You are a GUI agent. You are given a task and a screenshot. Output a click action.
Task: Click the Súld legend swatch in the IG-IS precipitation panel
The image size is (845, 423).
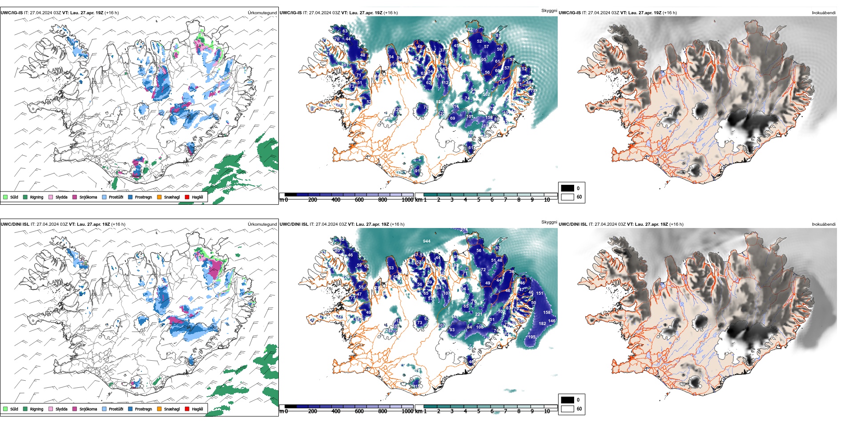coord(5,197)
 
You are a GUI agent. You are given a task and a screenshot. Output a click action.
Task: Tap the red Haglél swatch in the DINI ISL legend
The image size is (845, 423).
coord(187,409)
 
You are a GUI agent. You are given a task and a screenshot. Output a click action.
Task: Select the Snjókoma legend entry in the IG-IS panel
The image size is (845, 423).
coord(75,197)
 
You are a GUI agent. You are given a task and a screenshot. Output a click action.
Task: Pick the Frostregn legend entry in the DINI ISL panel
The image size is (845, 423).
coord(130,409)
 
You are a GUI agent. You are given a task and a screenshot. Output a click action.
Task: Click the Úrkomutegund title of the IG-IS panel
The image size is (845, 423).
coord(262,13)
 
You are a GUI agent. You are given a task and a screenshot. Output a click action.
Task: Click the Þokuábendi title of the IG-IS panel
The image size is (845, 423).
coord(824,13)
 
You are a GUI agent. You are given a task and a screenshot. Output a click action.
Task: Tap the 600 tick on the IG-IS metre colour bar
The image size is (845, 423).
coord(359,200)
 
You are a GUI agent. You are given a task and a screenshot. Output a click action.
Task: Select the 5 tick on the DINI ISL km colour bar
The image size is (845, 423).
coord(479,411)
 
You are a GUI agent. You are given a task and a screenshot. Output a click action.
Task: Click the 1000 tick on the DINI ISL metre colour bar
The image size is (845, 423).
coord(407,411)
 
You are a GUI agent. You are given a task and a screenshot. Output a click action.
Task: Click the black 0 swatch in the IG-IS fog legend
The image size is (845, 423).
coord(567,188)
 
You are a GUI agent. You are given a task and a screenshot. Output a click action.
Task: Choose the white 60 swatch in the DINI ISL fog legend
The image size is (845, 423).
coord(567,409)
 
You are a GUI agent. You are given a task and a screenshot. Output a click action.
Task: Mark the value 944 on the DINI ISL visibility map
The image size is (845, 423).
coord(427,241)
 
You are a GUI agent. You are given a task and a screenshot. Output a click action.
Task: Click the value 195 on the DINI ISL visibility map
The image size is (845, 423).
coord(532,337)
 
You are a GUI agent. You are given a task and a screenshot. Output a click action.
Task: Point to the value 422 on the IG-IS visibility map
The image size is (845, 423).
coord(469,29)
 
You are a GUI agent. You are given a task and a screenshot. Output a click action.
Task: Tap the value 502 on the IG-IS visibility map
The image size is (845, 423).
coord(486,94)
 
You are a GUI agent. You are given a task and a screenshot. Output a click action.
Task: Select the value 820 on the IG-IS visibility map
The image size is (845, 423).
coord(439,102)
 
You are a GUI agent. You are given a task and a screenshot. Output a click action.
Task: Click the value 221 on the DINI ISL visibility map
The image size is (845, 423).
coord(479,314)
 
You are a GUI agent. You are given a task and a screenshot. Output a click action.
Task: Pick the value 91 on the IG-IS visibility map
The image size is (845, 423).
coord(418,171)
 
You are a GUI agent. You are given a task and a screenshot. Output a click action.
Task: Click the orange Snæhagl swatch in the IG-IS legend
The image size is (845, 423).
coord(159,197)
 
